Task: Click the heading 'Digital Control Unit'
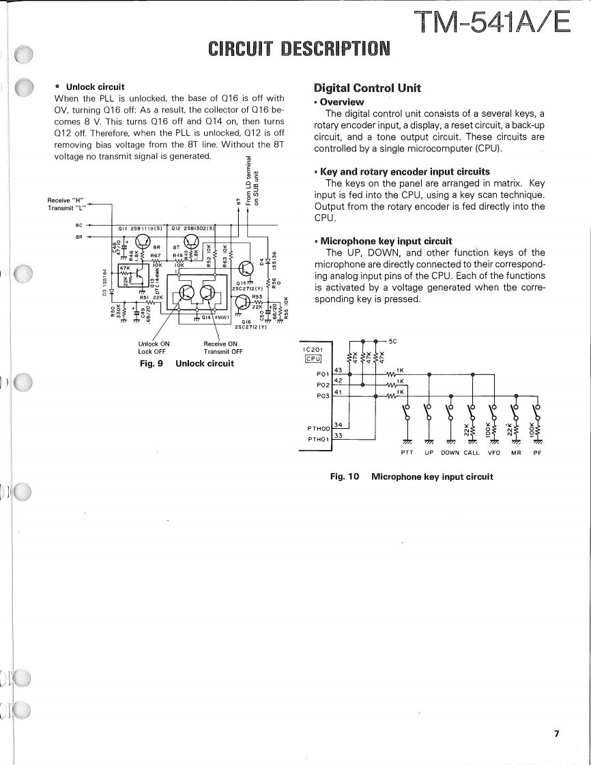pos(367,88)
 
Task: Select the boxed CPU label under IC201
pos(313,359)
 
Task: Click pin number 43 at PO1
pos(338,369)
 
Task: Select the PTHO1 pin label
pos(318,439)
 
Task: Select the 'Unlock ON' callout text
pos(154,344)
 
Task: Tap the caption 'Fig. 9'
pos(151,363)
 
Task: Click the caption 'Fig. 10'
pos(345,477)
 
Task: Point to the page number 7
pos(556,734)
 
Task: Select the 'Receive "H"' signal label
pos(66,199)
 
